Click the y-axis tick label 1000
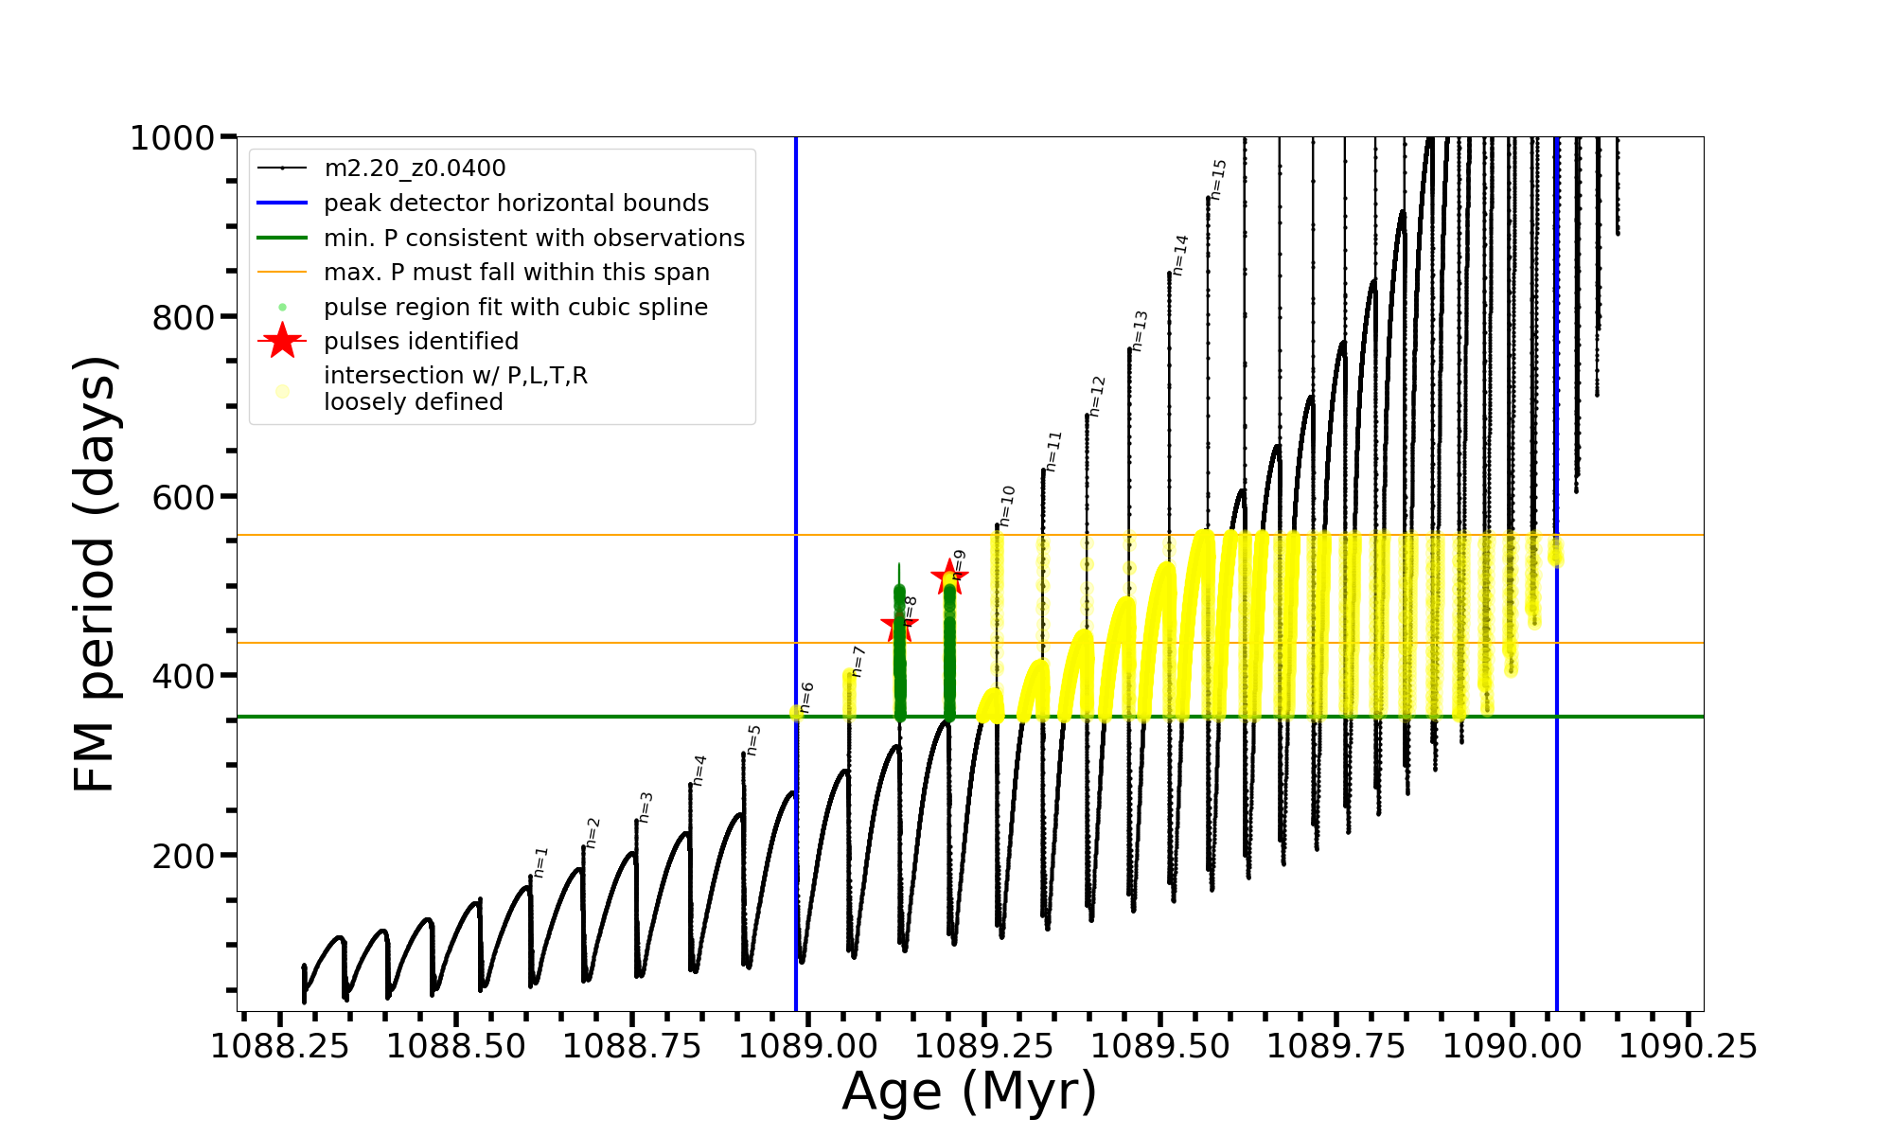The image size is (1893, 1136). (172, 138)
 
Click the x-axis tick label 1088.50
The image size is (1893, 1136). (456, 1046)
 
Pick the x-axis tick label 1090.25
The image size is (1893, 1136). (1688, 1046)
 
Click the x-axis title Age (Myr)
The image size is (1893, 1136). (969, 1091)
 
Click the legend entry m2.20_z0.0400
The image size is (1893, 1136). (415, 169)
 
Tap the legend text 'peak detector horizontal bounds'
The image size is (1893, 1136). (516, 204)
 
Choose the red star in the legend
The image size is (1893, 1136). (282, 341)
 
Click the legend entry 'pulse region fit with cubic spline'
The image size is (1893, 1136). (515, 308)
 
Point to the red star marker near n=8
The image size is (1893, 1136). (898, 625)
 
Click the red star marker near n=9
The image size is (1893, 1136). (948, 577)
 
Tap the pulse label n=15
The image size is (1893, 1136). (1219, 179)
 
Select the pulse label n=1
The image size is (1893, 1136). (540, 861)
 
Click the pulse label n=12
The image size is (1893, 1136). (1097, 396)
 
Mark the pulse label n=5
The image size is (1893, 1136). (753, 739)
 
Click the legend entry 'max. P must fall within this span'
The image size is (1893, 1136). (516, 273)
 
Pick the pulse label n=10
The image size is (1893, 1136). (1007, 505)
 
